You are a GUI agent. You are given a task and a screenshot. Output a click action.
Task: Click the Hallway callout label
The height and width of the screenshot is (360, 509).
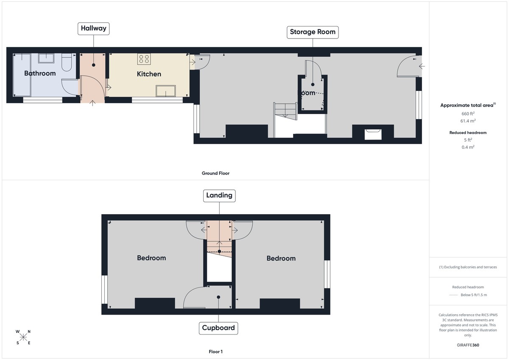[x=94, y=29]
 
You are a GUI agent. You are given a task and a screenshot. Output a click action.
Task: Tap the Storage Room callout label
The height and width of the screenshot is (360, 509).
[x=313, y=32]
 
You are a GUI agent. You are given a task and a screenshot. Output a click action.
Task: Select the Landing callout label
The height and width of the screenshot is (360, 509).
[x=219, y=195]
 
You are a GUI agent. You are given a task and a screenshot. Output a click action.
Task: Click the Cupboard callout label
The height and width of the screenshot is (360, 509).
[x=218, y=328]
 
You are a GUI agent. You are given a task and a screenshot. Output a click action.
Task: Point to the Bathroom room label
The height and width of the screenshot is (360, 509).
[x=40, y=73]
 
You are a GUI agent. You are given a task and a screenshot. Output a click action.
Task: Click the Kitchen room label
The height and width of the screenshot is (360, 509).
[x=149, y=74]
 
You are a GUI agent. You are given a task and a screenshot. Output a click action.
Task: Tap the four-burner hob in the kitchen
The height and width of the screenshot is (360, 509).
[x=144, y=59]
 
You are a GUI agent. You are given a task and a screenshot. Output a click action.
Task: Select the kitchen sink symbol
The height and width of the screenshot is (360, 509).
[x=166, y=91]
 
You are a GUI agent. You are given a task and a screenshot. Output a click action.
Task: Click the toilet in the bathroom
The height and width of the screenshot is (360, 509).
[x=67, y=62]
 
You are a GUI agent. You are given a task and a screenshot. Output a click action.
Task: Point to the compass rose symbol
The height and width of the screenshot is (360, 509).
[x=23, y=337]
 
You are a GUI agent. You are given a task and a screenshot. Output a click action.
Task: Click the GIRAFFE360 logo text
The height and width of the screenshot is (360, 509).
[x=468, y=345]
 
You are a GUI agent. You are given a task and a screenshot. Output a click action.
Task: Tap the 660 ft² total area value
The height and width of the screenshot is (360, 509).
[x=468, y=114]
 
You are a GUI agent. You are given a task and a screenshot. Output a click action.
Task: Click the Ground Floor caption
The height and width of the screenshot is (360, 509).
[x=215, y=173]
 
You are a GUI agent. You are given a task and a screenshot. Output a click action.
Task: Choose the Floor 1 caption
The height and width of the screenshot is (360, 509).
[x=215, y=352]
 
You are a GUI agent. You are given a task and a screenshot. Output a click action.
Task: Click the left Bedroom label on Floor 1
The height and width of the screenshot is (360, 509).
[x=151, y=258]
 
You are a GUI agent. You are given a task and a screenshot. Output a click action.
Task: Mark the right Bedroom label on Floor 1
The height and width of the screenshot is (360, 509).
[x=281, y=259]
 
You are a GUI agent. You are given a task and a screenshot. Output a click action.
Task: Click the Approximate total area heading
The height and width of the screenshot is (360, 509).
[x=467, y=105]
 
